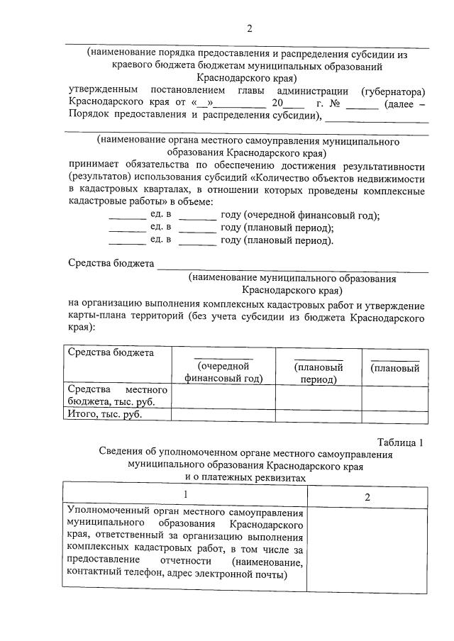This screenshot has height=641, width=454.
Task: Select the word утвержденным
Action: pyautogui.click(x=104, y=91)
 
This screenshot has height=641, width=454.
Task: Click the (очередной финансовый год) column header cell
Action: pyautogui.click(x=223, y=372)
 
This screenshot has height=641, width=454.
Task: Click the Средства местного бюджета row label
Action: pyautogui.click(x=117, y=396)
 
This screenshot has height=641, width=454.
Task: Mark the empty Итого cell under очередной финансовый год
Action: pyautogui.click(x=223, y=416)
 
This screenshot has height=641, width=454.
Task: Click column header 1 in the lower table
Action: pyautogui.click(x=186, y=496)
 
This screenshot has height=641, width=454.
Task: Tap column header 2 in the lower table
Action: pyautogui.click(x=367, y=496)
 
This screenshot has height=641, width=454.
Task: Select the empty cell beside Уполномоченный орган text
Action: pyautogui.click(x=367, y=546)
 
